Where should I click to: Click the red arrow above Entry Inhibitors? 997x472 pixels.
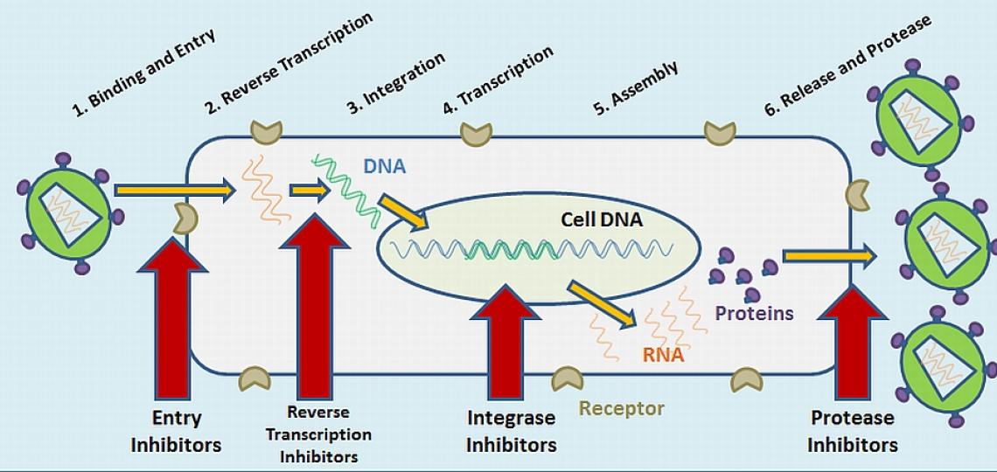(176, 315)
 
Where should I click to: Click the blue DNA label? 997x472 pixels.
(384, 165)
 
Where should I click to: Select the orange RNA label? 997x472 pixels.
(663, 355)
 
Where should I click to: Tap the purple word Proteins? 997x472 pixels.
(754, 313)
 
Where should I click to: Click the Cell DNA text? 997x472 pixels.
(601, 219)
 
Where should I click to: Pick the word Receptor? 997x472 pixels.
(622, 408)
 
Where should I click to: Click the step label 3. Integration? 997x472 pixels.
(396, 83)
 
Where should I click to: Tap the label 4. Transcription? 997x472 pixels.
(498, 80)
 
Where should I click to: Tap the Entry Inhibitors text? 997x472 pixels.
(176, 431)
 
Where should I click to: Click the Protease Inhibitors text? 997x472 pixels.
(852, 431)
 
